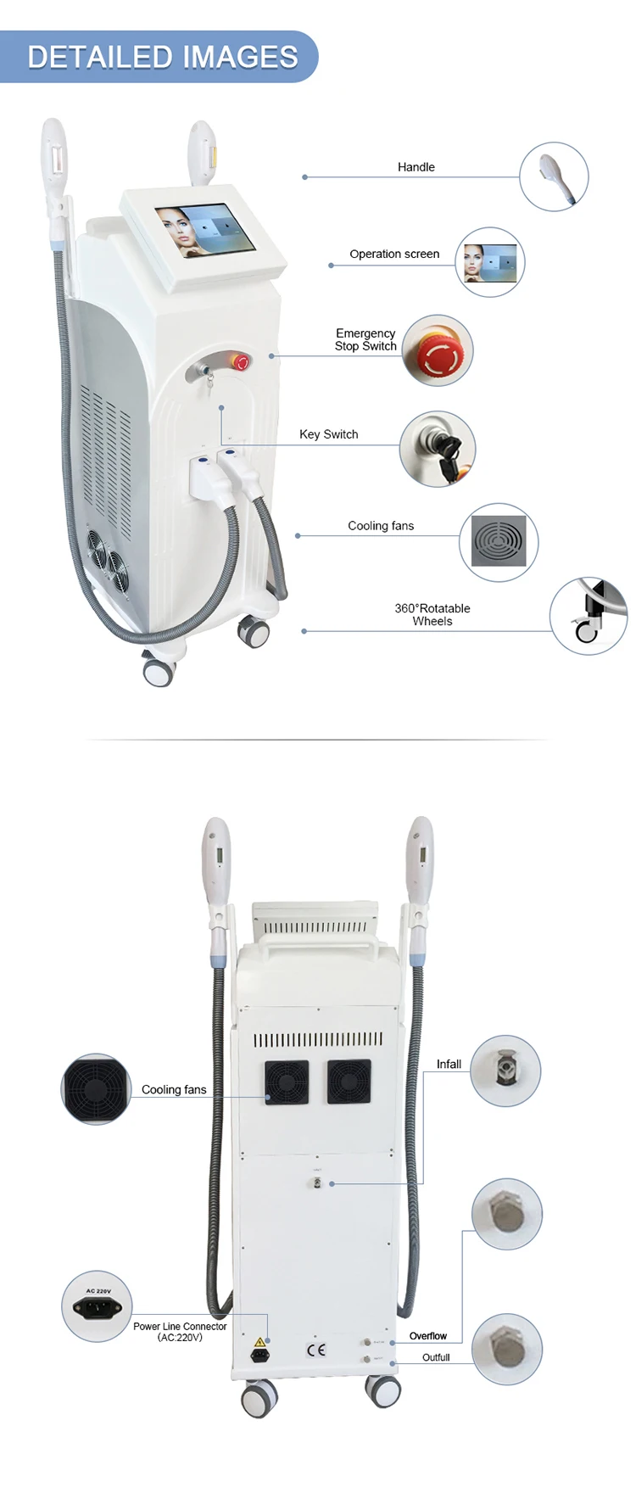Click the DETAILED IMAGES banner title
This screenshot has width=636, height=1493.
click(x=162, y=57)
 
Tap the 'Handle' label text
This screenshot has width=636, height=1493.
click(x=416, y=167)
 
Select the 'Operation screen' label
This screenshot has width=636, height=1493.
click(x=394, y=254)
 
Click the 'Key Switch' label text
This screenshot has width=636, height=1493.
click(x=328, y=434)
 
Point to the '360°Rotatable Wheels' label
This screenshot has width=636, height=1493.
click(x=432, y=614)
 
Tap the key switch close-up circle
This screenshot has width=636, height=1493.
click(x=438, y=449)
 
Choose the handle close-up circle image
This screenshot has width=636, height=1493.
click(x=554, y=176)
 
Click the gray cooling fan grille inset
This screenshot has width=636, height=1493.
click(x=499, y=541)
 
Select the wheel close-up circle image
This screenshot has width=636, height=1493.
click(x=589, y=617)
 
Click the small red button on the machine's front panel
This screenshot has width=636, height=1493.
click(x=243, y=363)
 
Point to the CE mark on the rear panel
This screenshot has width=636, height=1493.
click(x=315, y=1350)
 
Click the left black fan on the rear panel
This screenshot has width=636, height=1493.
click(x=286, y=1082)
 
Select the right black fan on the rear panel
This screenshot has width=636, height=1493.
click(x=349, y=1082)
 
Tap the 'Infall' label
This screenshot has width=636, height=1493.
click(x=449, y=1064)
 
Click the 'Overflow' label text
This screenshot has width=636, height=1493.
click(x=427, y=1336)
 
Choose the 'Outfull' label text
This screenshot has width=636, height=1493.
click(x=436, y=1357)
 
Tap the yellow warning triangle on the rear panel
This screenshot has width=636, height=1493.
click(x=260, y=1343)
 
